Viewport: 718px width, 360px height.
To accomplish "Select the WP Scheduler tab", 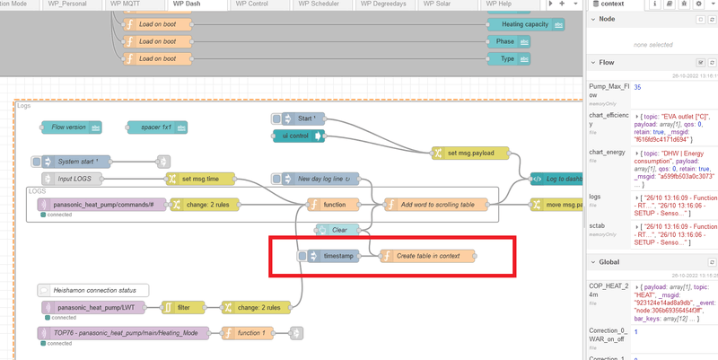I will click(312, 4).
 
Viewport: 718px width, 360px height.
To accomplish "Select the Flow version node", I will click(71, 127).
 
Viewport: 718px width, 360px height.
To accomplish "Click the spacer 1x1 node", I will click(157, 127).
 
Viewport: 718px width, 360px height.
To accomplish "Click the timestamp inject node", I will click(335, 256).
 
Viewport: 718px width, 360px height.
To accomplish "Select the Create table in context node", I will click(427, 256).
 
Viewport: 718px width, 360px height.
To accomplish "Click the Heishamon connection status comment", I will click(93, 289).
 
